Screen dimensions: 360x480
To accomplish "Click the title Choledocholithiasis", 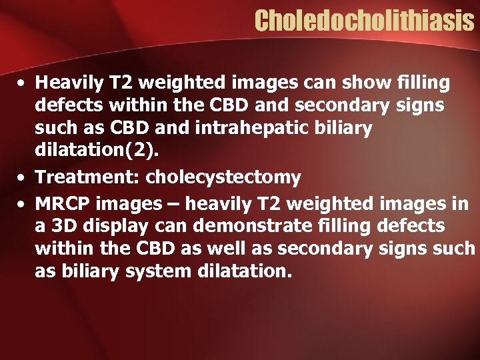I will click(x=363, y=21).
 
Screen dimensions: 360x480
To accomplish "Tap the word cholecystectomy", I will click(x=223, y=177).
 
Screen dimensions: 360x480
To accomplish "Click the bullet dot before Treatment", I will click(x=23, y=177).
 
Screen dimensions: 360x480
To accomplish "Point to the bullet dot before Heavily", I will click(x=23, y=84).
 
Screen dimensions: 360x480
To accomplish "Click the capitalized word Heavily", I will click(x=65, y=84).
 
